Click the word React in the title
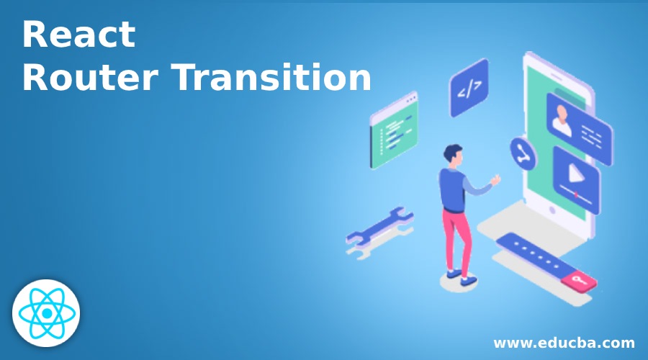[x=78, y=35]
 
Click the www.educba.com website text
[x=564, y=342]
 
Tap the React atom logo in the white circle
[x=46, y=313]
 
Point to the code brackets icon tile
[x=469, y=89]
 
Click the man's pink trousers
[x=456, y=238]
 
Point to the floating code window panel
[x=393, y=130]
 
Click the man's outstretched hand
[x=495, y=178]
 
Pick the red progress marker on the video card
[x=575, y=195]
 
